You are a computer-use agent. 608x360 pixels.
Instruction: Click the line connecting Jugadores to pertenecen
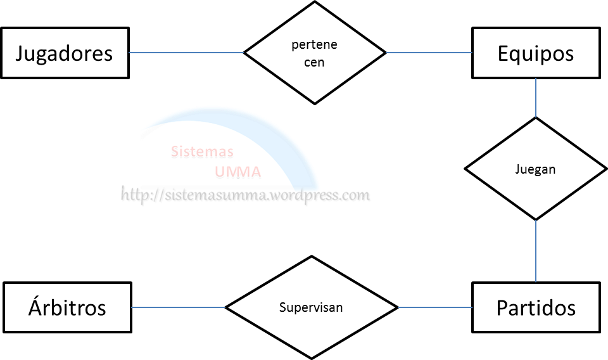coord(187,53)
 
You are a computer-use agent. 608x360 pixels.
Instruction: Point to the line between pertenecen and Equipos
coord(429,53)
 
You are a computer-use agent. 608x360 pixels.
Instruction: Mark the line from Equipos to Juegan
coord(536,98)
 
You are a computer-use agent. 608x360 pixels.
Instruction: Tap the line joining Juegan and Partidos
coord(536,251)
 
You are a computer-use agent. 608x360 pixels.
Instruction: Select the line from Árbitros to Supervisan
coord(179,308)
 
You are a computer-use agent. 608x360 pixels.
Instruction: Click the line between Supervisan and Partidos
coord(435,308)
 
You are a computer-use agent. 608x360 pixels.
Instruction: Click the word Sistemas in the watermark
coord(202,152)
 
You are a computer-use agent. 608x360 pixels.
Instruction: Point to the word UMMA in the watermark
coord(237,172)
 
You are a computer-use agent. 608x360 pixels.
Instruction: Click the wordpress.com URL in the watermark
coord(246,195)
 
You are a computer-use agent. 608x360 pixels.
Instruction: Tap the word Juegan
coord(536,169)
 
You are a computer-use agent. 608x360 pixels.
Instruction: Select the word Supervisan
coord(311,307)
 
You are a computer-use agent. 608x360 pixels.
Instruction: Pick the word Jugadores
coord(64,53)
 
